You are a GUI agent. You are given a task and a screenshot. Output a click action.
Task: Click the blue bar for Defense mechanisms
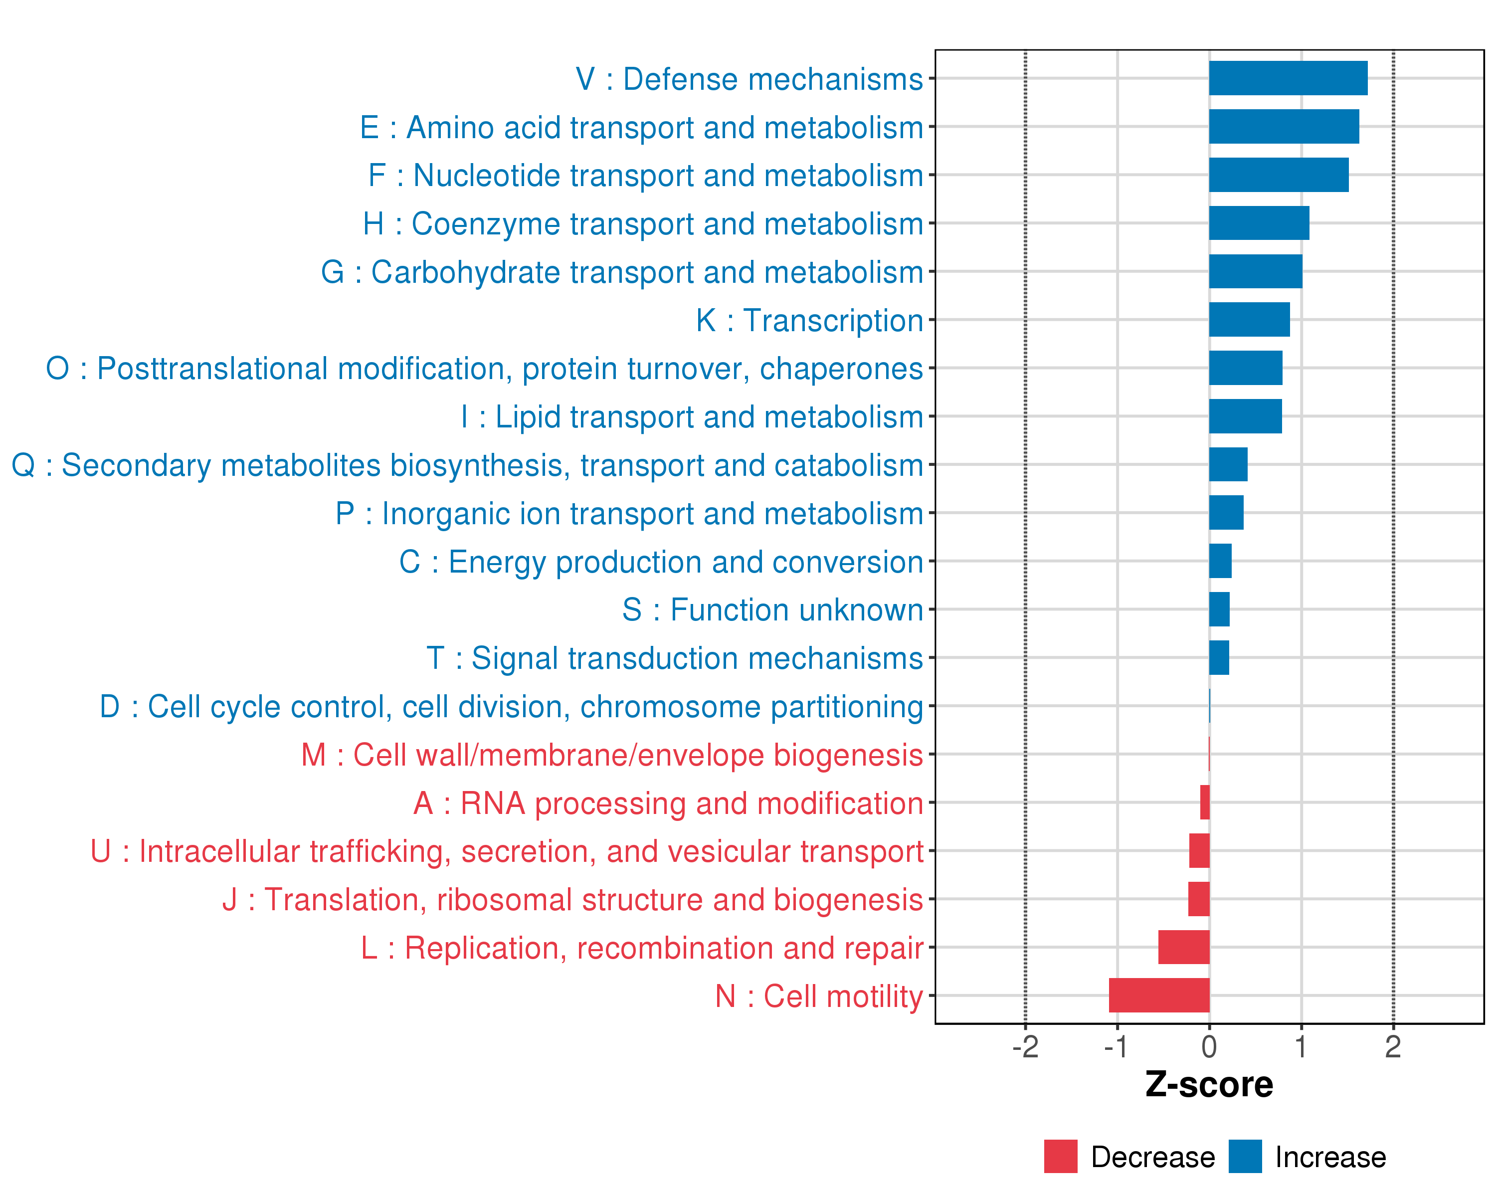1288,78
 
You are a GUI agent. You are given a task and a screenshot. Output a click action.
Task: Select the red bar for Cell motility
1159,995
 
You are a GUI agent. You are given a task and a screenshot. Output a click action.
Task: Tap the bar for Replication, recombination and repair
1184,947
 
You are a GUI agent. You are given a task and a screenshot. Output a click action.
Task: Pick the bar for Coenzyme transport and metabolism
1259,223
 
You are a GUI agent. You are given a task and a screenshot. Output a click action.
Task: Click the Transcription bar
1249,320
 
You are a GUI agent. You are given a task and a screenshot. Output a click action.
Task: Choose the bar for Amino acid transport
1284,127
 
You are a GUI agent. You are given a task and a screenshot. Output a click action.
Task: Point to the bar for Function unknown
1219,609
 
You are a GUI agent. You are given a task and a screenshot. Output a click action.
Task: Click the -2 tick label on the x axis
1025,1047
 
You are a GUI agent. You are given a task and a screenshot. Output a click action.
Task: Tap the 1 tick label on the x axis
1301,1047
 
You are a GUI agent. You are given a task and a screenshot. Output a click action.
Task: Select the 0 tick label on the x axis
1209,1047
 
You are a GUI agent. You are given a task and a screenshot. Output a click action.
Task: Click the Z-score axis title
1209,1085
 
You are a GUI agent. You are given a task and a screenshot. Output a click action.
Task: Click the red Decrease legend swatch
1060,1157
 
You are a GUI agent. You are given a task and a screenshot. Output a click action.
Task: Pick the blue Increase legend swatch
1245,1157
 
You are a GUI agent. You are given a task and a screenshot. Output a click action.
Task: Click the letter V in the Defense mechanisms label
585,79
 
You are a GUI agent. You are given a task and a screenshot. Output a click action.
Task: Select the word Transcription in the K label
833,321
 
